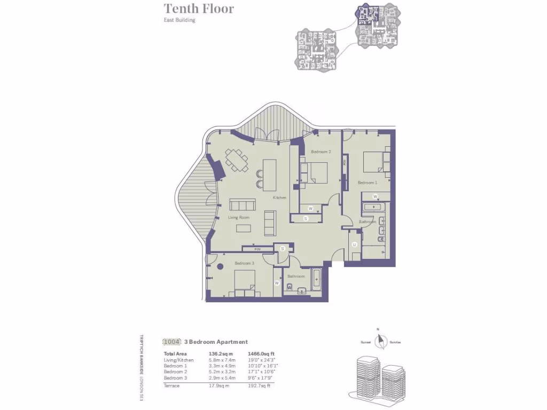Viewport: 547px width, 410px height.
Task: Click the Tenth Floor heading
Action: (198, 9)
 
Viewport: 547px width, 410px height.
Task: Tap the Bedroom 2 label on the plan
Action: (321, 152)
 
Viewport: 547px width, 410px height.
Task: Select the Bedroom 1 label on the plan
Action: (368, 183)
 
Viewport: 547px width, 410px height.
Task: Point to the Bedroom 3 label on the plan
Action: (244, 263)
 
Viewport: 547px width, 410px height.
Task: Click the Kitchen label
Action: (280, 198)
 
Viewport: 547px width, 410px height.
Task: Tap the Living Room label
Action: (239, 217)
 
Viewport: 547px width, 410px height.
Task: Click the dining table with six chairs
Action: (237, 160)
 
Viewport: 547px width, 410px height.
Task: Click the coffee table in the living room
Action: (244, 228)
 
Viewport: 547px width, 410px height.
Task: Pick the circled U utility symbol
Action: (355, 245)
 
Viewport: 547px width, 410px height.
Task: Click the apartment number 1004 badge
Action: (171, 342)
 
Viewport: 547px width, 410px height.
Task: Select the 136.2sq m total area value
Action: (220, 354)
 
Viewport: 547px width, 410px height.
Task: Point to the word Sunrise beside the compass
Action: (395, 342)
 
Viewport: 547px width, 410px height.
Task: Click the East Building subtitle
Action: (179, 20)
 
